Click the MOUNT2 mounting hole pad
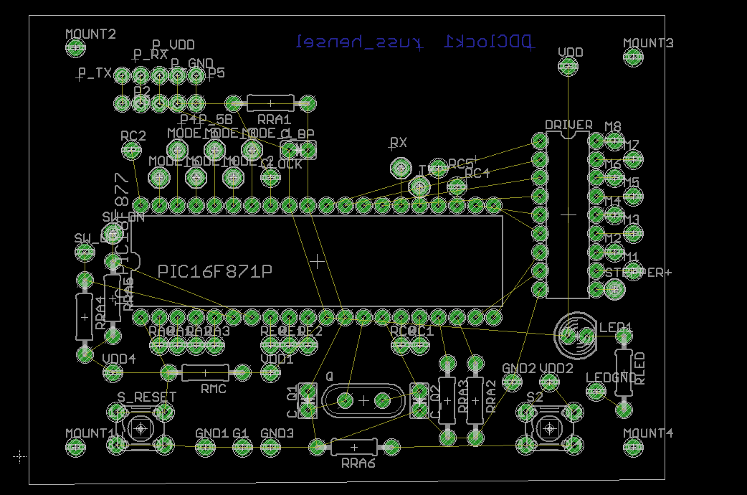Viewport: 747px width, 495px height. [75, 48]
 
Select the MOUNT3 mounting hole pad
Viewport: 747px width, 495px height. [633, 57]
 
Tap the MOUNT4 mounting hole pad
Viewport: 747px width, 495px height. [633, 447]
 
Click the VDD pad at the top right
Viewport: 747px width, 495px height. [568, 67]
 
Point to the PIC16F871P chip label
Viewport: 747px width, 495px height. [215, 271]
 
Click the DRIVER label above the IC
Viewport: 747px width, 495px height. [568, 125]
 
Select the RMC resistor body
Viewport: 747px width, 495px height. [205, 372]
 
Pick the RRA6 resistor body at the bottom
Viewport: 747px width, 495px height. [353, 447]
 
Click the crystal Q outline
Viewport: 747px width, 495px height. [363, 400]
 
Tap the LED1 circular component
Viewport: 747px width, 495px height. [576, 335]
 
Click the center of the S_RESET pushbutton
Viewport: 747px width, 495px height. [141, 428]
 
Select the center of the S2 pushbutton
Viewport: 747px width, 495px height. [550, 428]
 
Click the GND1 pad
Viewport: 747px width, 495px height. [206, 447]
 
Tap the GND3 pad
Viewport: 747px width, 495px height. [270, 447]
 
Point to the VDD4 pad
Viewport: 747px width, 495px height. [113, 372]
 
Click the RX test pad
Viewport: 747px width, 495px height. [399, 168]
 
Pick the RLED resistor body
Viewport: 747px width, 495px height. [623, 372]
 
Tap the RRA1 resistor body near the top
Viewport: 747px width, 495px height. [270, 103]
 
